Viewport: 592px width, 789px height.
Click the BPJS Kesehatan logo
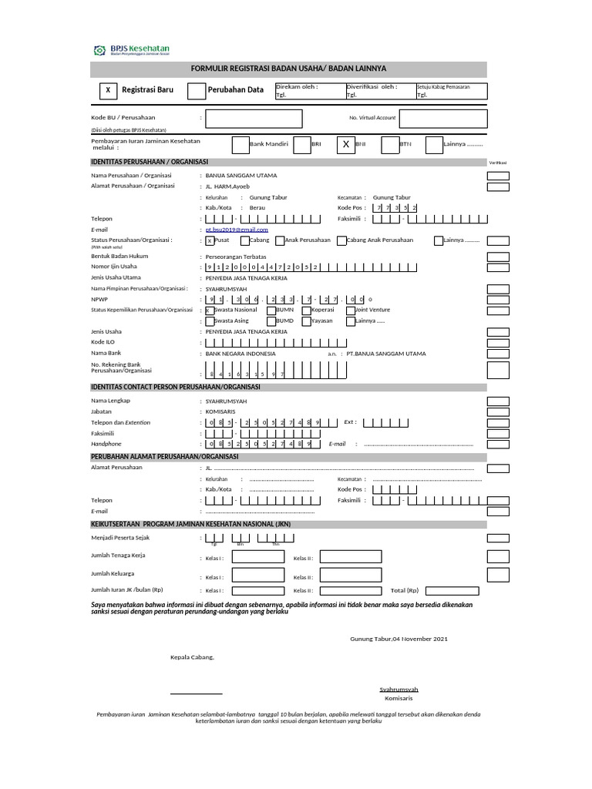(131, 51)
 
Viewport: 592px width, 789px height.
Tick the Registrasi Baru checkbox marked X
(108, 90)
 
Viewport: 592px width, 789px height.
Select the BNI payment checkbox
(346, 144)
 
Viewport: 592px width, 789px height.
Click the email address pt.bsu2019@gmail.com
(237, 230)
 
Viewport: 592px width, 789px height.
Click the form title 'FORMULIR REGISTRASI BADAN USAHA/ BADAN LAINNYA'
(288, 69)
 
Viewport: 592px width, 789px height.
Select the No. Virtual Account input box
(443, 118)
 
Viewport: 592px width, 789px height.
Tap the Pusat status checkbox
(209, 240)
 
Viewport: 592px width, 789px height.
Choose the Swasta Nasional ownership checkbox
(209, 310)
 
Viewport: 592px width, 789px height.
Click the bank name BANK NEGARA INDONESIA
(240, 354)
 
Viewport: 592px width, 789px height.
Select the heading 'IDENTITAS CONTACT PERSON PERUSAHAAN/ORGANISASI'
(176, 387)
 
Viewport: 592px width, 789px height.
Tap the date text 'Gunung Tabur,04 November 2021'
(399, 639)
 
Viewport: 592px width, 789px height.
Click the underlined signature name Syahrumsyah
(399, 688)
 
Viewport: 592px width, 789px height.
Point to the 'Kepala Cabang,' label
(192, 657)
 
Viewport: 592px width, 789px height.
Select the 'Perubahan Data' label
(236, 90)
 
